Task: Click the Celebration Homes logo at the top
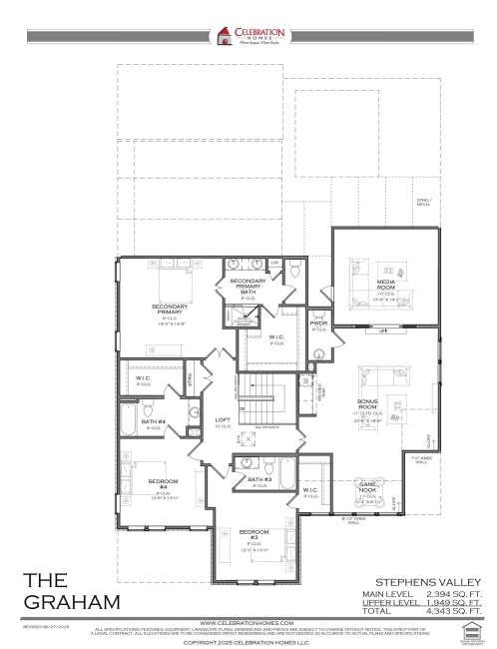(x=248, y=36)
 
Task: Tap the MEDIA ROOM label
(x=386, y=283)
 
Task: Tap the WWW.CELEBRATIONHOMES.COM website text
(x=248, y=621)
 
